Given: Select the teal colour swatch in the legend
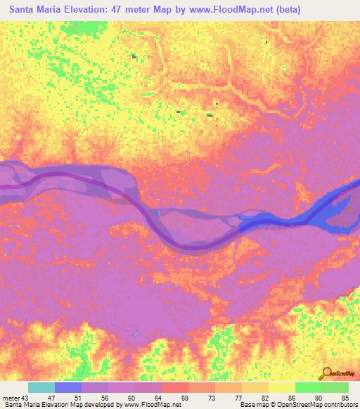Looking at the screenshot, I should tap(41, 387).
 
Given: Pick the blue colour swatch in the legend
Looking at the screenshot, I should tap(68, 387).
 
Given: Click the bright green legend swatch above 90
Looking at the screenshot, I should tap(308, 387).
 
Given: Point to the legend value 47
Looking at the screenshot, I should tap(51, 397).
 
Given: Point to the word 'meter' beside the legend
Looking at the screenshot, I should tap(11, 397).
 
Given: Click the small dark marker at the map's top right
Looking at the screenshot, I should tap(266, 42).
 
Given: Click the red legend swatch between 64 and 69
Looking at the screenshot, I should tap(175, 387).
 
